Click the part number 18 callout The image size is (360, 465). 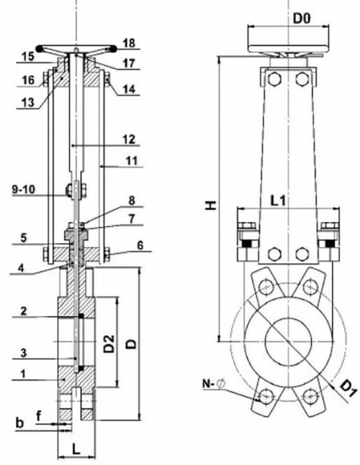pyautogui.click(x=129, y=44)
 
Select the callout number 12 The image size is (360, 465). pyautogui.click(x=129, y=139)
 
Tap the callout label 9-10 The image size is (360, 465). pyautogui.click(x=23, y=189)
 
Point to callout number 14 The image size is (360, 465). pyautogui.click(x=129, y=89)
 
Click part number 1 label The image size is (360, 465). pyautogui.click(x=23, y=374)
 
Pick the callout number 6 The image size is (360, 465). pyautogui.click(x=140, y=245)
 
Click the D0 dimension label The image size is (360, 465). pyautogui.click(x=301, y=18)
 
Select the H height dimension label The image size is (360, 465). pyautogui.click(x=211, y=205)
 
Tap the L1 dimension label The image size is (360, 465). pyautogui.click(x=278, y=201)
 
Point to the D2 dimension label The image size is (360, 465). pyautogui.click(x=109, y=343)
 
